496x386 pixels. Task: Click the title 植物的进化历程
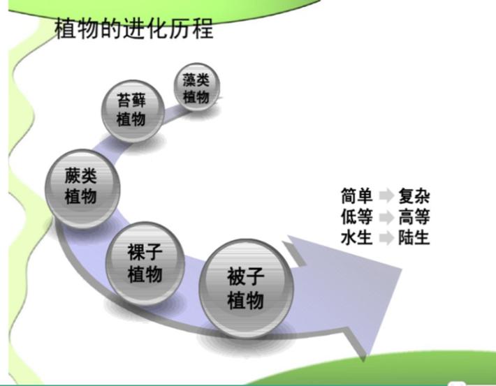(x=134, y=29)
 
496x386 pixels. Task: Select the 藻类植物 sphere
(x=197, y=87)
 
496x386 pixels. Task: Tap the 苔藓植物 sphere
(x=133, y=111)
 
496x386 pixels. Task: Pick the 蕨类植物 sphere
(x=82, y=188)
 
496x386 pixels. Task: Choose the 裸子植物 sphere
(x=145, y=263)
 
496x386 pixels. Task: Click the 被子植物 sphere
(x=246, y=288)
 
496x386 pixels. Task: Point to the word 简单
(x=356, y=195)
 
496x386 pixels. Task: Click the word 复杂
(x=414, y=196)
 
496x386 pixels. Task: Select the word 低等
(x=356, y=216)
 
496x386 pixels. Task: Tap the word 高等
(x=414, y=217)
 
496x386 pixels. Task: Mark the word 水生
(x=356, y=237)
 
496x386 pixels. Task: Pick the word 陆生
(x=414, y=238)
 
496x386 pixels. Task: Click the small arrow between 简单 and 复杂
(x=386, y=195)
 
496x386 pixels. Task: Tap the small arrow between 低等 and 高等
(x=386, y=217)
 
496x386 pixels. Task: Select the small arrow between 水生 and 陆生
(x=386, y=238)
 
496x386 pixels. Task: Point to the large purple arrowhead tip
(x=401, y=269)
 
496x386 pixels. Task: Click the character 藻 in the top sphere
(x=189, y=80)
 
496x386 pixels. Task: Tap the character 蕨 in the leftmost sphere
(x=73, y=176)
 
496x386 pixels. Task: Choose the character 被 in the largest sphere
(x=236, y=276)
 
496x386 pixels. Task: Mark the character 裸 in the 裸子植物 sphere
(x=136, y=252)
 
